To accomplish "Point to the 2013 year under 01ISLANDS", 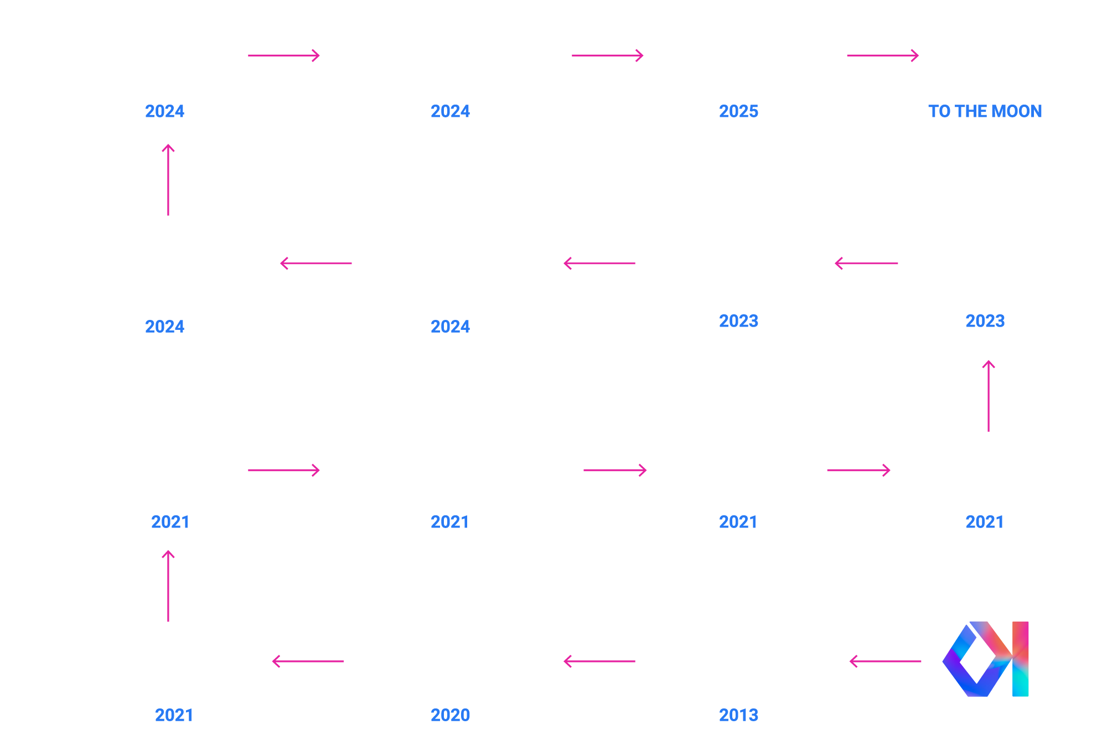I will coord(738,715).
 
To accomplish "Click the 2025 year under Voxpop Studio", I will coord(738,111).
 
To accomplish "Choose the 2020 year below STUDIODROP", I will coord(450,715).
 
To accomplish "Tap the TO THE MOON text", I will coord(985,111).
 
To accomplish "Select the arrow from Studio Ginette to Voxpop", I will coord(607,55).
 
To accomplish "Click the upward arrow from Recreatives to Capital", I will coord(989,396).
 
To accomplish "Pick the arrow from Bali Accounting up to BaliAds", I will coord(168,586).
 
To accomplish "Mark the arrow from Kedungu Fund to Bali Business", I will coord(316,263).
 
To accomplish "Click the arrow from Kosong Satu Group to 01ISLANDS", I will coord(885,661).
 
